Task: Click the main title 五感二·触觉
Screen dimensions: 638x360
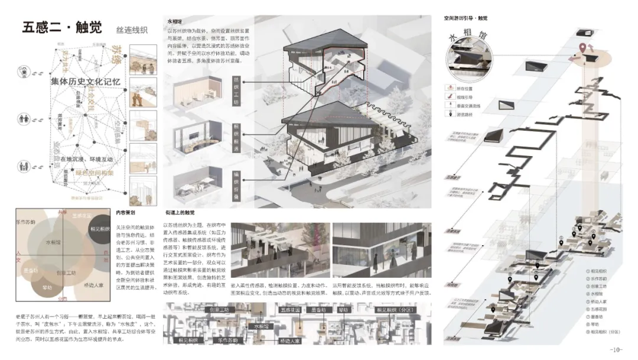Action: pyautogui.click(x=62, y=28)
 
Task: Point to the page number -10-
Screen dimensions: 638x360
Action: pyautogui.click(x=616, y=349)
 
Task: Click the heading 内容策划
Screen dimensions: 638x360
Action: pyautogui.click(x=125, y=212)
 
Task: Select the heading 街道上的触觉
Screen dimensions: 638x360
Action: pyautogui.click(x=180, y=212)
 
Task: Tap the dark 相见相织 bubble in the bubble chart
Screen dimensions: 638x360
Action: pyautogui.click(x=99, y=229)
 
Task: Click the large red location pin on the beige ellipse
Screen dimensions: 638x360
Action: pyautogui.click(x=582, y=48)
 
